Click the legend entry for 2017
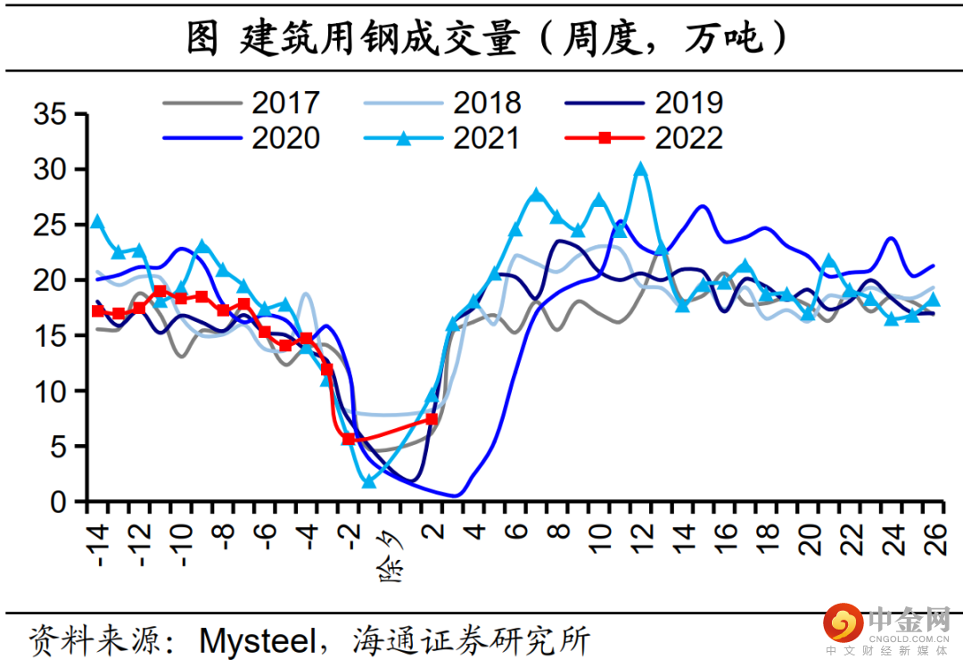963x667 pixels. (x=242, y=103)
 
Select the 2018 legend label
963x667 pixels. (x=487, y=103)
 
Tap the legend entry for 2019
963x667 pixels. (x=644, y=103)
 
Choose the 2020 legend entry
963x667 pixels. (x=242, y=138)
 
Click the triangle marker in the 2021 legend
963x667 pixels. (x=404, y=138)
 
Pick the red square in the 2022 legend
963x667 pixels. (x=605, y=138)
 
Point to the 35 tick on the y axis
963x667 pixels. (x=50, y=114)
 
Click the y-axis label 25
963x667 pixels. (x=50, y=226)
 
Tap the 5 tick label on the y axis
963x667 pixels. (x=58, y=447)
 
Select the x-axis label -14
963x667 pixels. (x=98, y=545)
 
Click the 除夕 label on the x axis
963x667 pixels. (x=391, y=556)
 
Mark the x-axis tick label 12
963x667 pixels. (x=642, y=539)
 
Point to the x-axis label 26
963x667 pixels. (x=935, y=539)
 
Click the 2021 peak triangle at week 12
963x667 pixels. (x=640, y=169)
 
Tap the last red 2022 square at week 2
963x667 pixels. (x=432, y=419)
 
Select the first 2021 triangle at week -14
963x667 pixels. (x=97, y=222)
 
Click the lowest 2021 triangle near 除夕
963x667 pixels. (x=368, y=482)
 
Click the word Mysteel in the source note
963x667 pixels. (x=258, y=640)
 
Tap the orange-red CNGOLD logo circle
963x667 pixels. (x=844, y=622)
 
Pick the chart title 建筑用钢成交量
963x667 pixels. (x=379, y=38)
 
